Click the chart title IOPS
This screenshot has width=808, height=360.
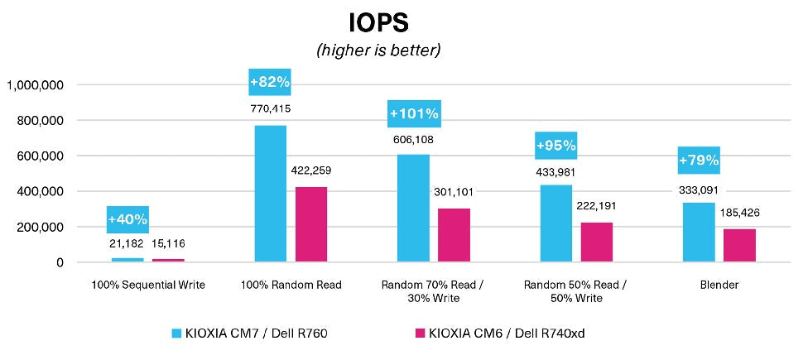tap(377, 20)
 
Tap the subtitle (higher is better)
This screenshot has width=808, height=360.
tap(378, 50)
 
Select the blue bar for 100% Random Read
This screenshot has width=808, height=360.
tap(270, 194)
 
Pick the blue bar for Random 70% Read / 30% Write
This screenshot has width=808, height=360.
tap(413, 209)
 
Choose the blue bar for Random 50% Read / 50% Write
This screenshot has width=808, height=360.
tap(556, 223)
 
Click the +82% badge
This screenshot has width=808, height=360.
tap(270, 82)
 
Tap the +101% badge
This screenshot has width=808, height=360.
tap(413, 113)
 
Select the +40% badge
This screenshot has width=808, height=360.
tap(127, 219)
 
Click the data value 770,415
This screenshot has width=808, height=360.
tap(270, 108)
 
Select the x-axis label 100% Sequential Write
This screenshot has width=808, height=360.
tap(148, 285)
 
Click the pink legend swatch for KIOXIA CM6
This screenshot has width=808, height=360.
tap(420, 334)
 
